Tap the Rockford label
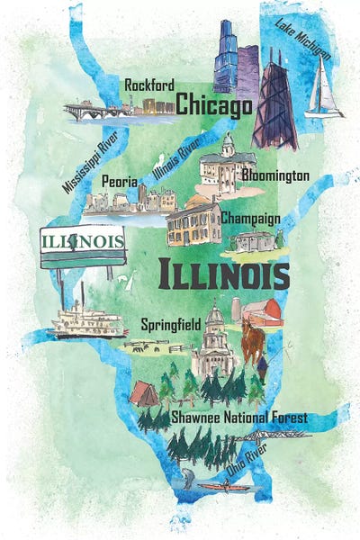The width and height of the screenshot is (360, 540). pos(148,84)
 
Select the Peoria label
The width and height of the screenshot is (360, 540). pos(120,180)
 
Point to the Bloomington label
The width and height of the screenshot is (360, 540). pos(275,175)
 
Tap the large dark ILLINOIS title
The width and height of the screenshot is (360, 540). pos(223,273)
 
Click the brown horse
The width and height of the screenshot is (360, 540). pos(253,341)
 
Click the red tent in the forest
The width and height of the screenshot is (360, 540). pos(143,394)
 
